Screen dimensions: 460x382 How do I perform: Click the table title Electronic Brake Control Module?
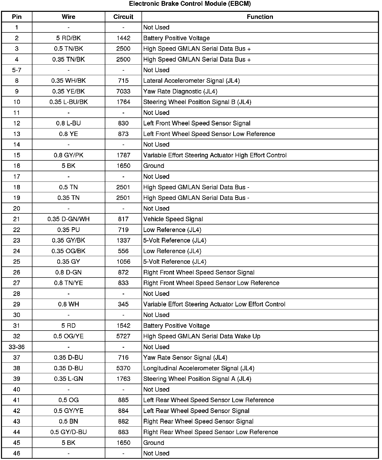click(190, 4)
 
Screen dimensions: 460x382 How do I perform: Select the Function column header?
click(260, 17)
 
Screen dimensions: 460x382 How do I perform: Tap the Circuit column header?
click(123, 17)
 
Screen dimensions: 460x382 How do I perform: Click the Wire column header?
click(68, 17)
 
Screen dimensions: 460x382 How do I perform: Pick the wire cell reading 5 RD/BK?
click(68, 38)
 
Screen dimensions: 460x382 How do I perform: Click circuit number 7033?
click(123, 91)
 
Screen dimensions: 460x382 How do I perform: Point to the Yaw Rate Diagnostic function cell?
click(180, 91)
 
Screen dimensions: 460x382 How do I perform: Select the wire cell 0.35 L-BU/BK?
click(68, 102)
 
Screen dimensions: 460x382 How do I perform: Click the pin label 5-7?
click(17, 70)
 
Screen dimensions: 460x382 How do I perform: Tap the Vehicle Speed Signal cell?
click(173, 219)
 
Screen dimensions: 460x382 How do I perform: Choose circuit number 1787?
click(123, 155)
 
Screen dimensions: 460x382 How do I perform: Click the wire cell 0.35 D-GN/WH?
click(68, 219)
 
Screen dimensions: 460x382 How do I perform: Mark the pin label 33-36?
click(17, 347)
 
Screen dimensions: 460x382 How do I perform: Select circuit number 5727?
click(123, 336)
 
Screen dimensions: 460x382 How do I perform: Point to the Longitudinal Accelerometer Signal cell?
click(199, 368)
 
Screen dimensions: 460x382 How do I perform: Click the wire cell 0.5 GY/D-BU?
click(68, 432)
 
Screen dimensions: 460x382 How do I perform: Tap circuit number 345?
click(123, 304)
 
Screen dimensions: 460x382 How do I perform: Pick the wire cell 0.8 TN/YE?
click(68, 283)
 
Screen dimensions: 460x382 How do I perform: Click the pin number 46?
click(17, 453)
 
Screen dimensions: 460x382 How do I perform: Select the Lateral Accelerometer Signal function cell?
click(191, 81)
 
